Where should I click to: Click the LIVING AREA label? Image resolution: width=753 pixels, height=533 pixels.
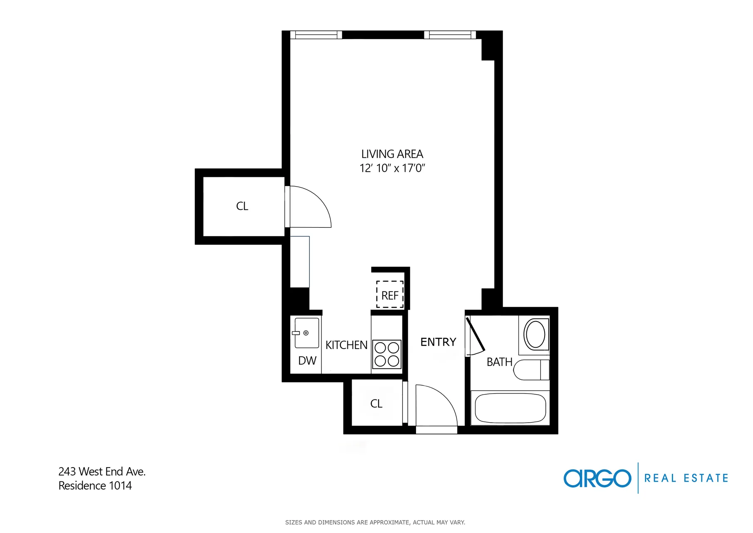(x=392, y=154)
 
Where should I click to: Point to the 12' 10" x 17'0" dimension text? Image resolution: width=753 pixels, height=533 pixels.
(x=392, y=168)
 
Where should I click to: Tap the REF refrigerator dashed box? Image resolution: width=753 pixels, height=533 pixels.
(x=390, y=295)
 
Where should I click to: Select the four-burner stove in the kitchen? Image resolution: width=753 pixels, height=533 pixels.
(x=386, y=354)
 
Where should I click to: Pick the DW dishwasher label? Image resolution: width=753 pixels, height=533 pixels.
(x=307, y=361)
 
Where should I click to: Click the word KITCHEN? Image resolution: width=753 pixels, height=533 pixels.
(x=346, y=345)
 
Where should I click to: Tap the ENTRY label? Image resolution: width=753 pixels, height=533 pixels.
(x=438, y=342)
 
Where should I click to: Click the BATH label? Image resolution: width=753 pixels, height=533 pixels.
(x=499, y=362)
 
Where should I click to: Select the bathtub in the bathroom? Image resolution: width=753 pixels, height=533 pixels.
(x=510, y=408)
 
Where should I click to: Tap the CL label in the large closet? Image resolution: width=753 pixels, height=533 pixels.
(x=242, y=206)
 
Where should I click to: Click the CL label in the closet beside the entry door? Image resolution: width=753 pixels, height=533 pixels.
(x=376, y=403)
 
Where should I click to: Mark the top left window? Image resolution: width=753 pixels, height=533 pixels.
(x=316, y=35)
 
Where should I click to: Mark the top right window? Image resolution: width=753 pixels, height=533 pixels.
(x=450, y=35)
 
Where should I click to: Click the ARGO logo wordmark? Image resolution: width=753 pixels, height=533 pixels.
(x=597, y=478)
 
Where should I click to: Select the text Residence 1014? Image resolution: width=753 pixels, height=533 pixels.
(x=95, y=486)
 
